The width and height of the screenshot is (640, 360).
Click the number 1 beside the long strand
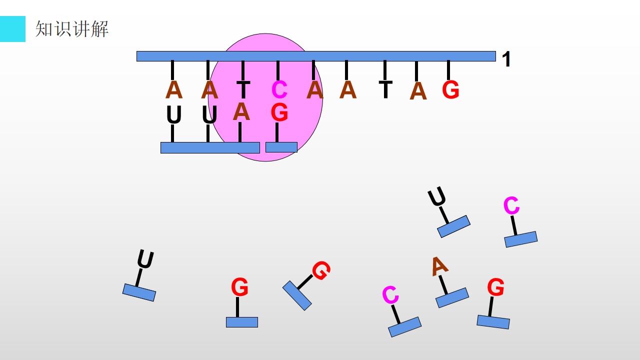click(x=506, y=59)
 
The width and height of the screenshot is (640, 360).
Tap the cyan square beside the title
click(x=12, y=29)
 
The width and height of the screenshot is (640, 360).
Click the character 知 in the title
click(x=44, y=29)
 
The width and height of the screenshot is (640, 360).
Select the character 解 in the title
click(x=99, y=29)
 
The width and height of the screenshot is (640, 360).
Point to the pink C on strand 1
click(x=279, y=89)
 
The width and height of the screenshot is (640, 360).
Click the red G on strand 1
click(x=450, y=89)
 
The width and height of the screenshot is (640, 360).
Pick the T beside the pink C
click(x=243, y=89)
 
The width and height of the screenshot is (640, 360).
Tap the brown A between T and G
click(x=418, y=91)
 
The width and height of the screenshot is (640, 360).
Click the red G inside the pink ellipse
click(x=279, y=112)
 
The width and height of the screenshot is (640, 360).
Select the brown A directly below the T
click(x=241, y=111)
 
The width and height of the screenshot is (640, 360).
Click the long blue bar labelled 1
click(x=316, y=56)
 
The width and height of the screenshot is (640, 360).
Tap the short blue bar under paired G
click(x=281, y=147)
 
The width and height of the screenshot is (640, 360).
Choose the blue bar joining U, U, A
click(x=210, y=147)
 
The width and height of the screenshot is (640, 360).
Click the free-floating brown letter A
click(x=439, y=266)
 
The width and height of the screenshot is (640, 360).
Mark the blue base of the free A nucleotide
click(x=452, y=297)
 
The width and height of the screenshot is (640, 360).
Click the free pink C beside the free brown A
click(x=390, y=294)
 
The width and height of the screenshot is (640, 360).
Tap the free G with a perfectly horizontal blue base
click(x=239, y=286)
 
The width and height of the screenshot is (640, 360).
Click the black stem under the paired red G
click(x=277, y=132)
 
